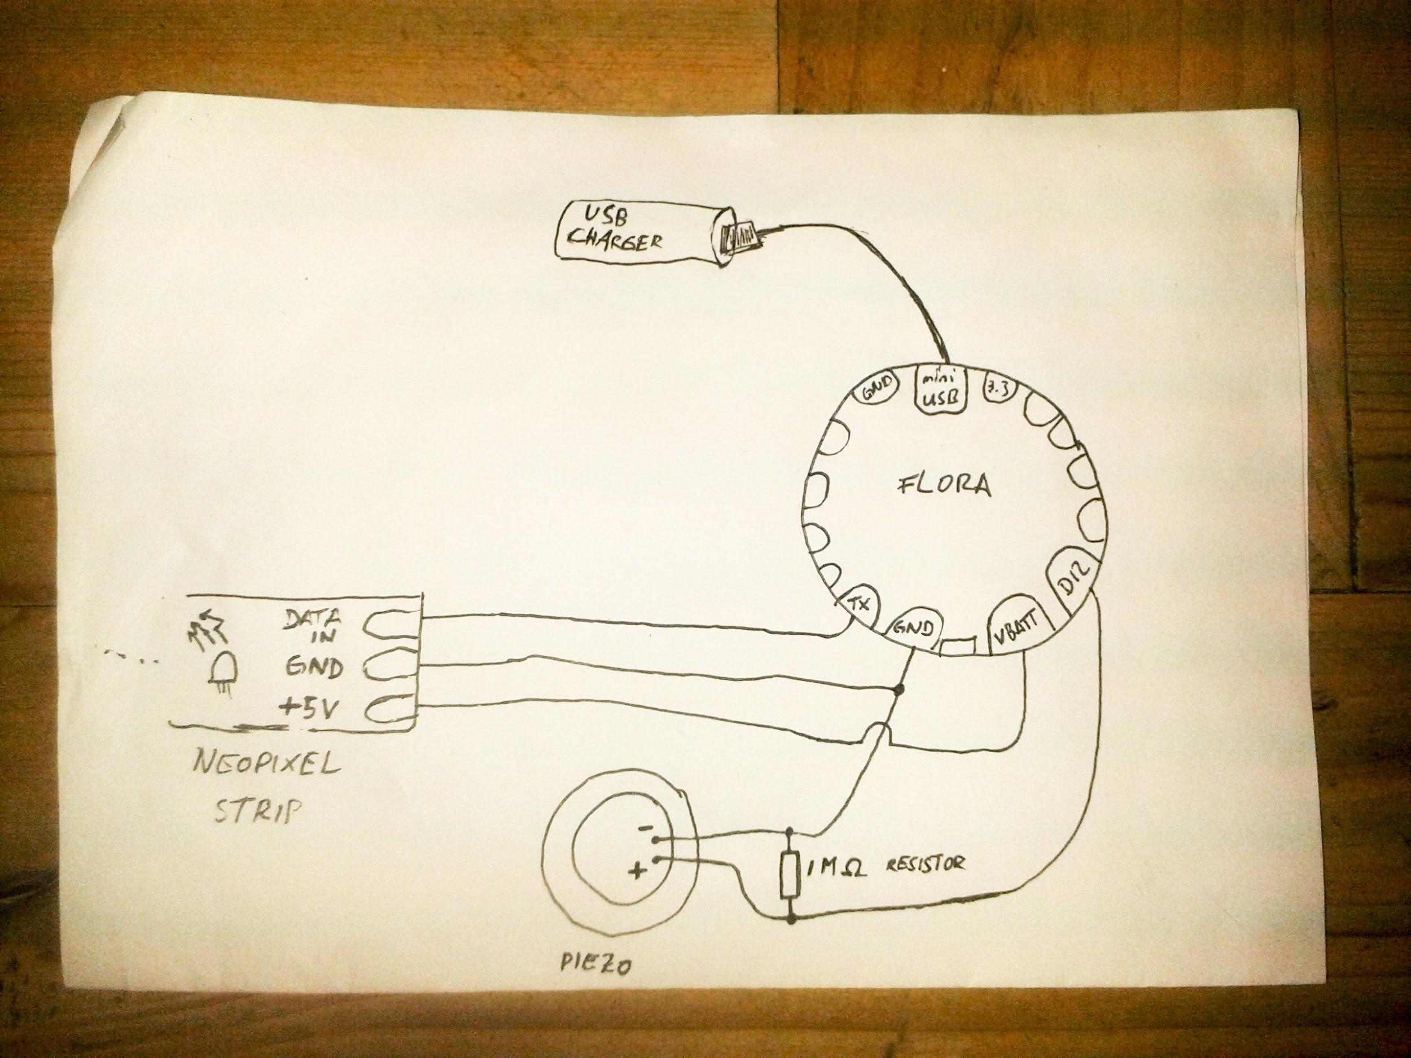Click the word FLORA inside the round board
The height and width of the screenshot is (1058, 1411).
coord(946,486)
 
